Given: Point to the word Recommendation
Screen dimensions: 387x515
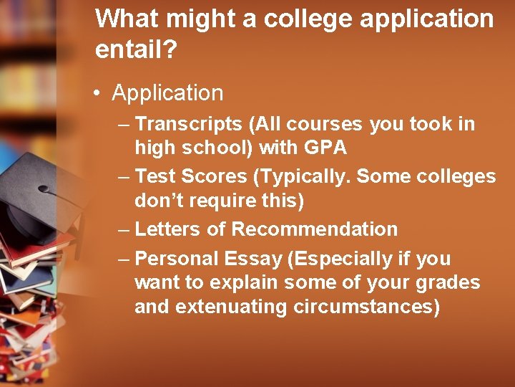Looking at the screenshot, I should pos(315,229).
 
